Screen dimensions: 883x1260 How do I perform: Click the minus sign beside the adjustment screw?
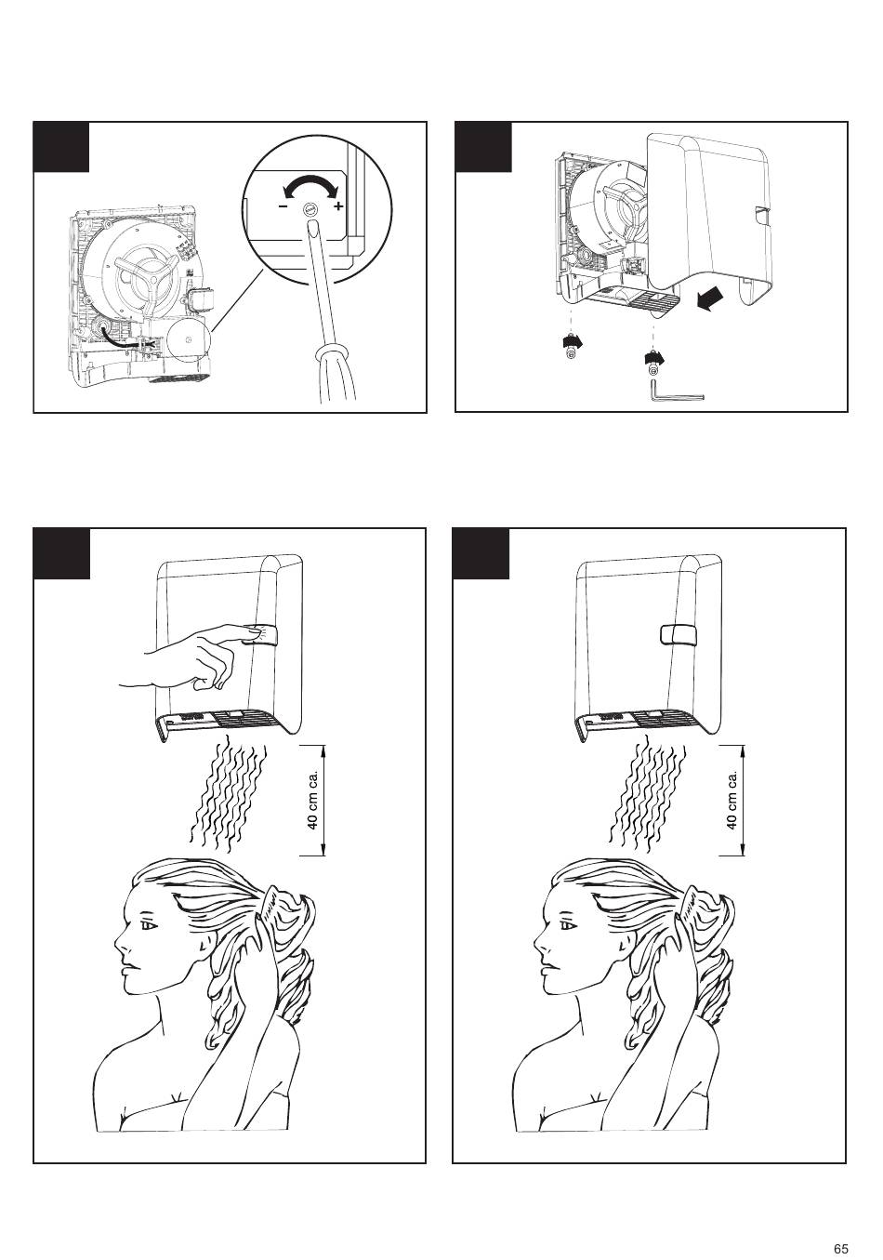(283, 206)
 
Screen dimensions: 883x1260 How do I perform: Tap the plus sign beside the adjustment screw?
(337, 206)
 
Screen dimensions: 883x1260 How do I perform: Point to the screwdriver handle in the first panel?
(336, 374)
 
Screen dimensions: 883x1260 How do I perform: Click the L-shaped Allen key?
(677, 391)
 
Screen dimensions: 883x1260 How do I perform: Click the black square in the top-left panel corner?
(61, 147)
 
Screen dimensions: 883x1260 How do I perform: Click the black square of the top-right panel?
(483, 147)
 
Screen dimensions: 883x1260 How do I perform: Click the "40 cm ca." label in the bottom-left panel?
(313, 800)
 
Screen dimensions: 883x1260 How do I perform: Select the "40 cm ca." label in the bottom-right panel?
(731, 800)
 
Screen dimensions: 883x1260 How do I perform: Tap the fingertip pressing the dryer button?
(248, 633)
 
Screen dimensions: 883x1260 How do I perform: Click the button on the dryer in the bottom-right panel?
(678, 634)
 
